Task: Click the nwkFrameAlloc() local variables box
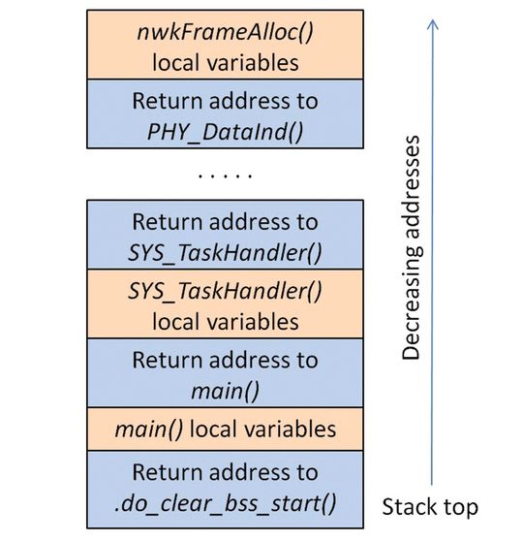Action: pyautogui.click(x=224, y=46)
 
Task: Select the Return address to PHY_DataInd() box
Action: pyautogui.click(x=224, y=114)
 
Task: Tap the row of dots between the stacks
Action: pyautogui.click(x=224, y=176)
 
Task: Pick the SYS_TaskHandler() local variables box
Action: pyautogui.click(x=224, y=303)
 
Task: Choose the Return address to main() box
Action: pyautogui.click(x=224, y=372)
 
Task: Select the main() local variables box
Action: pyautogui.click(x=224, y=429)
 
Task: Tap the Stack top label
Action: pyautogui.click(x=429, y=506)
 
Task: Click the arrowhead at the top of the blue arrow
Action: pyautogui.click(x=433, y=21)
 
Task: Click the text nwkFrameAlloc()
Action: pyautogui.click(x=224, y=33)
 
